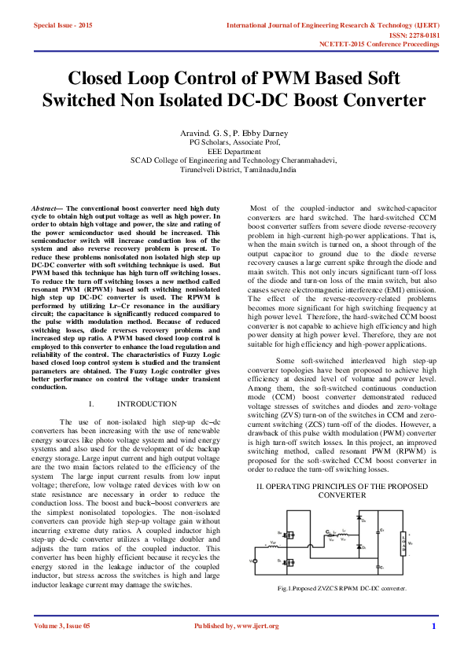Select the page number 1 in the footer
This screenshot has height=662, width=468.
(433, 626)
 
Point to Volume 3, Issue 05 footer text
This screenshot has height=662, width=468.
(62, 626)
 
